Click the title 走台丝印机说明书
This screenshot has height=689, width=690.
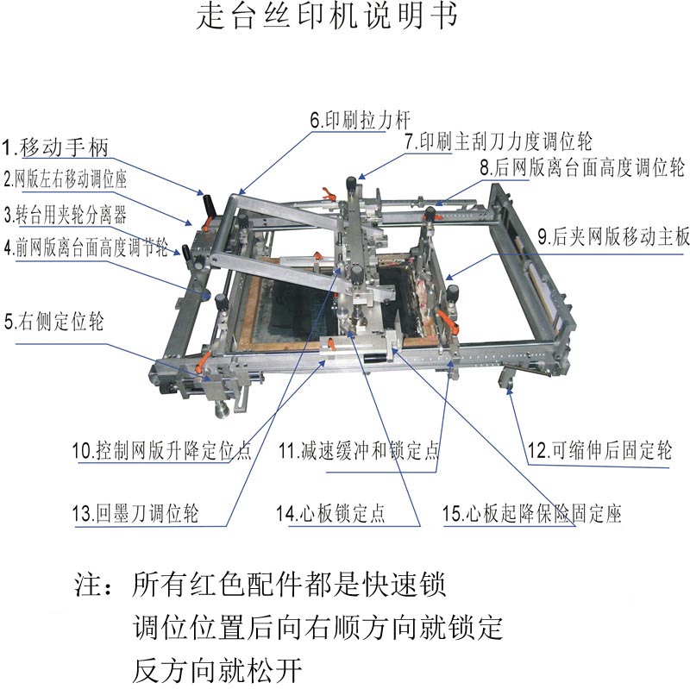coord(327,16)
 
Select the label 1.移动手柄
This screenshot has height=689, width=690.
coord(55,147)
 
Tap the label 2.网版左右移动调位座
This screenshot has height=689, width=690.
coord(66,179)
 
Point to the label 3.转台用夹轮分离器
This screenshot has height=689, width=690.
coord(66,214)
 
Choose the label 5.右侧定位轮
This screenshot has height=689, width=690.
coord(53,321)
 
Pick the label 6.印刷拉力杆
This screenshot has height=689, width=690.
coord(361,120)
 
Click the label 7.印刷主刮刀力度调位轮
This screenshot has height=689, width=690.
coord(499,141)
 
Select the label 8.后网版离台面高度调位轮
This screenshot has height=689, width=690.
coord(582,167)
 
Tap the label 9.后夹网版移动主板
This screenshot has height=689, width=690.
coord(613,236)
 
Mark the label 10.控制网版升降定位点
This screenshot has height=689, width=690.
coord(162,450)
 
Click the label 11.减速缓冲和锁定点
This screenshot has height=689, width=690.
coord(359,450)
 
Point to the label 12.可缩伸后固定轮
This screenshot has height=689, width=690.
coord(599,450)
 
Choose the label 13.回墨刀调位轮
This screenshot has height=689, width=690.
coord(135,513)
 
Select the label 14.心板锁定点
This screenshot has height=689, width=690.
coord(330,513)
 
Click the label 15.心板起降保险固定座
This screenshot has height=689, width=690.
coord(531,513)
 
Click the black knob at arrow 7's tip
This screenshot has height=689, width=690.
coord(351,183)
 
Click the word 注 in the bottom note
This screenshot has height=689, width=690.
coord(87,585)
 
